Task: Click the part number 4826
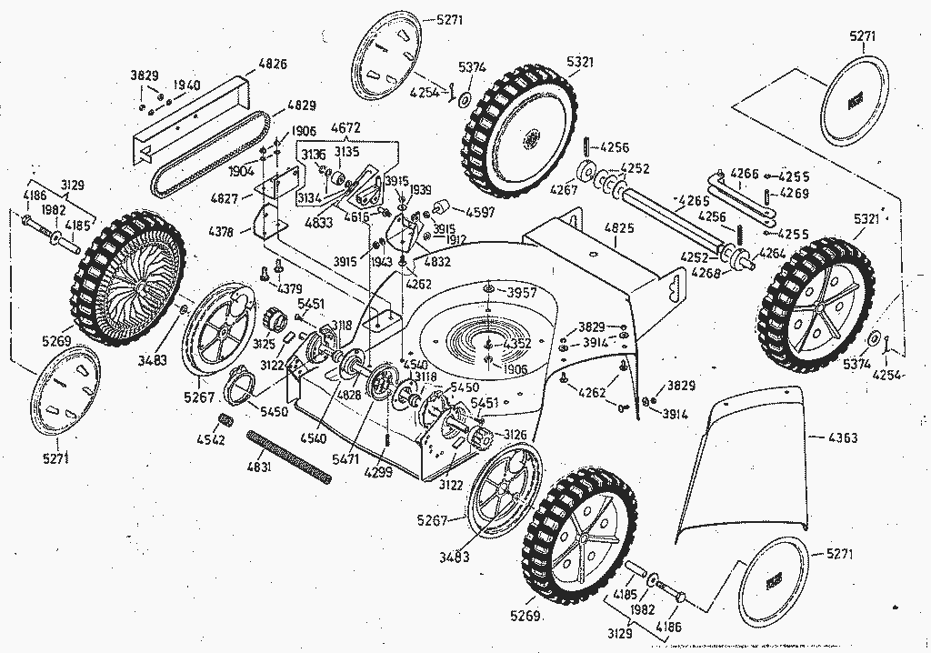tap(273, 64)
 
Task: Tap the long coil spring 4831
tap(285, 456)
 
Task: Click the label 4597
tap(479, 212)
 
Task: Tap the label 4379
tap(290, 290)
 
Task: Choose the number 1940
tap(185, 85)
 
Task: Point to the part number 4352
tap(516, 344)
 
